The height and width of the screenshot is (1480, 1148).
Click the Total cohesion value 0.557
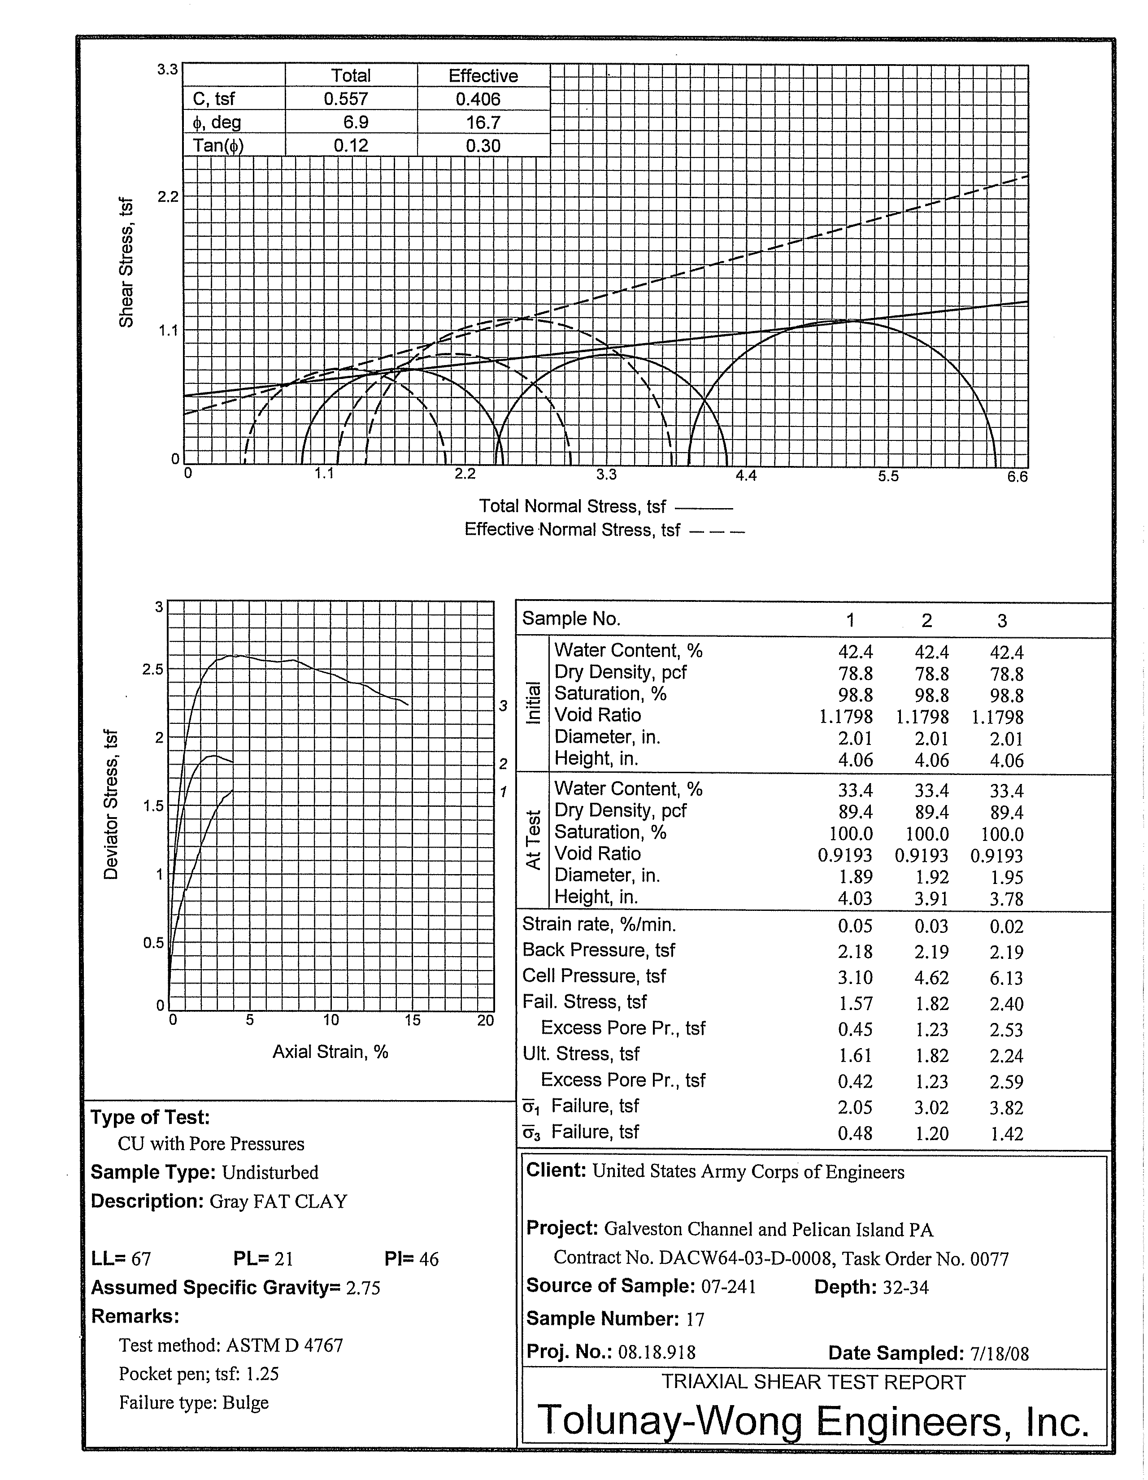tap(346, 99)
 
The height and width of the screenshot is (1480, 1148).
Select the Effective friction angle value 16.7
tap(483, 122)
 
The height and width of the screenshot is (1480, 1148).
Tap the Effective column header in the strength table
tap(483, 76)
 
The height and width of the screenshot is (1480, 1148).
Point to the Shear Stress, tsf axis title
tap(126, 263)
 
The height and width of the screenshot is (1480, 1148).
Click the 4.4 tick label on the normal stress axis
tap(746, 476)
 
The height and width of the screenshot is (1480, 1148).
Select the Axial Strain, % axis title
tap(330, 1052)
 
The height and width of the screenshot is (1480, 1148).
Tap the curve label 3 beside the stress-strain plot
tap(503, 706)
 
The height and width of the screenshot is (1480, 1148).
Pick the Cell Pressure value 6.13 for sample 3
tap(1006, 978)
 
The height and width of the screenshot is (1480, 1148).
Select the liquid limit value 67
tap(141, 1259)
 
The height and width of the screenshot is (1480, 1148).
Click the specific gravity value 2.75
tap(363, 1288)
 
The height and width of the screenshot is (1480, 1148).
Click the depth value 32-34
tap(905, 1287)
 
